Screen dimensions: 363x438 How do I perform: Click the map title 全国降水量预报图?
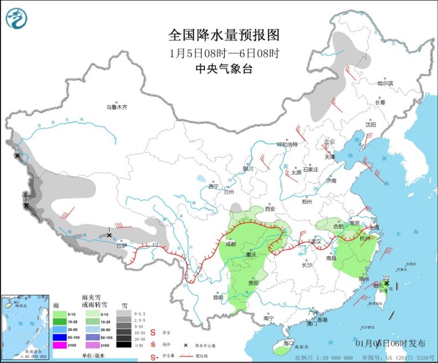click(224, 35)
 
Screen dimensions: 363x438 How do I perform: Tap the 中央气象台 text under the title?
click(224, 69)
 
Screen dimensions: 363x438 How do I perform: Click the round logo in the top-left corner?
click(16, 18)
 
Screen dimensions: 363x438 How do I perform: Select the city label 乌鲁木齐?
click(117, 107)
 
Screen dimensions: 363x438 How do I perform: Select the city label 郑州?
click(308, 202)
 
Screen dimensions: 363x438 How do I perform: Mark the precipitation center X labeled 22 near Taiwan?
click(387, 283)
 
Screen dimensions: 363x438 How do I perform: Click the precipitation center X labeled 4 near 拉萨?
click(110, 235)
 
